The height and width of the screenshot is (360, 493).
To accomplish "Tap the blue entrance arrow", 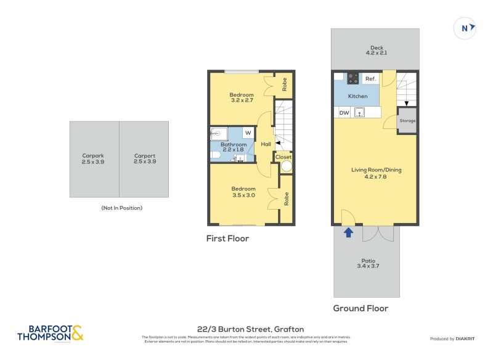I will [x=348, y=232].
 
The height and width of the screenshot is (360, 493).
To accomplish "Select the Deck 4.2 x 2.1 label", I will [x=376, y=51].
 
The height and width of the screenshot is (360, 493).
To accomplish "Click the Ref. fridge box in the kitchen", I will [x=370, y=79].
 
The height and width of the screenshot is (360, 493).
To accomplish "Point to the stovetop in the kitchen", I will [x=353, y=78].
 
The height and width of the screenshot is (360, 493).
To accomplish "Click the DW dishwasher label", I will [x=344, y=113].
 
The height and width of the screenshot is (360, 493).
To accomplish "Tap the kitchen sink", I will [x=362, y=113].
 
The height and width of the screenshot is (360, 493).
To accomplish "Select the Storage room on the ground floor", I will [x=407, y=120].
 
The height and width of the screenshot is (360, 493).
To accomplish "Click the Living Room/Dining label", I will [x=376, y=173].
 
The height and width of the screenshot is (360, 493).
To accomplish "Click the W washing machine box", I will [x=248, y=133].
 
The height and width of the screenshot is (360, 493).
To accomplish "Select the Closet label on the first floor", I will [x=283, y=157].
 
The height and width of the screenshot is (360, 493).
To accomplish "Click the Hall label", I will [x=266, y=144].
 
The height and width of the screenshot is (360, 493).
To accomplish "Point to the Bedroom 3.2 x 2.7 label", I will [x=242, y=97].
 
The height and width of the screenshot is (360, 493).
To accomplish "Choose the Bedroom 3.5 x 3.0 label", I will [x=243, y=192].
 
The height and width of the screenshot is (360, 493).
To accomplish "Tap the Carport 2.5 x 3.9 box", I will [x=144, y=159].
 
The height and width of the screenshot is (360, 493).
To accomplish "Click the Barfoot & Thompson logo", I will [x=50, y=333].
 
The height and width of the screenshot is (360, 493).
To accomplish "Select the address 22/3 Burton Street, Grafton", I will [x=246, y=329].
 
